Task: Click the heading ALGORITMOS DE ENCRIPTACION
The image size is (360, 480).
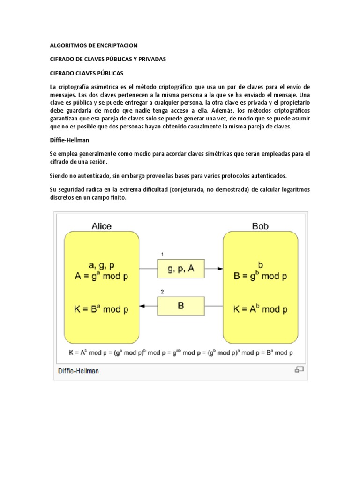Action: [x=93, y=45]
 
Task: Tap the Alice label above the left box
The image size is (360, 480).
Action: [x=101, y=226]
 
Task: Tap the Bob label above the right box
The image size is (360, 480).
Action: [x=260, y=226]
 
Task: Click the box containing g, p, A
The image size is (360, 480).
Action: [x=180, y=269]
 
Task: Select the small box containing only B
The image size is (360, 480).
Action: [x=180, y=306]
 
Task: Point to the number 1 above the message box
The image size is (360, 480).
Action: [x=162, y=254]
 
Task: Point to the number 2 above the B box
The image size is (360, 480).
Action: [x=162, y=291]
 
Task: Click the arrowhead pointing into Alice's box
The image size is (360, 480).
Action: [x=143, y=306]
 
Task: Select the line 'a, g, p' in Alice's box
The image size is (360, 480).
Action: [x=101, y=265]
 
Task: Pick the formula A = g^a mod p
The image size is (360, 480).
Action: [x=101, y=276]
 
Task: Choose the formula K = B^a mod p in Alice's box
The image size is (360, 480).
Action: [x=101, y=309]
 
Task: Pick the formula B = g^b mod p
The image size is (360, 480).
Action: [x=261, y=276]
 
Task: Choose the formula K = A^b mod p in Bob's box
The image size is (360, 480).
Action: [x=261, y=309]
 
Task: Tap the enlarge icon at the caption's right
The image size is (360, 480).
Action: [x=299, y=370]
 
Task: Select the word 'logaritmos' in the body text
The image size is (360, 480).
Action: [x=291, y=189]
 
